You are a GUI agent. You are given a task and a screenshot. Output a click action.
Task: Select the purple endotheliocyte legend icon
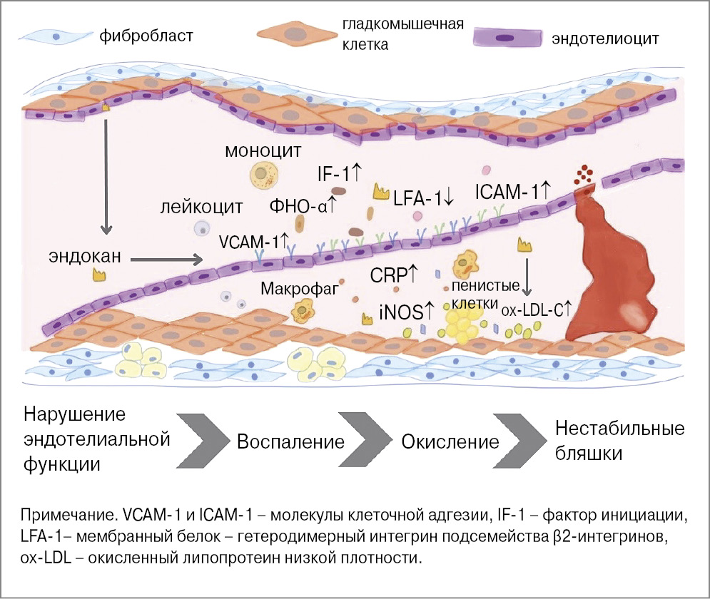coord(507,36)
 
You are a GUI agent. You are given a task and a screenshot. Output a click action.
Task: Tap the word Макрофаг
coord(299,289)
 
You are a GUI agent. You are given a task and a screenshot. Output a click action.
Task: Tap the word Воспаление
coord(290,441)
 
